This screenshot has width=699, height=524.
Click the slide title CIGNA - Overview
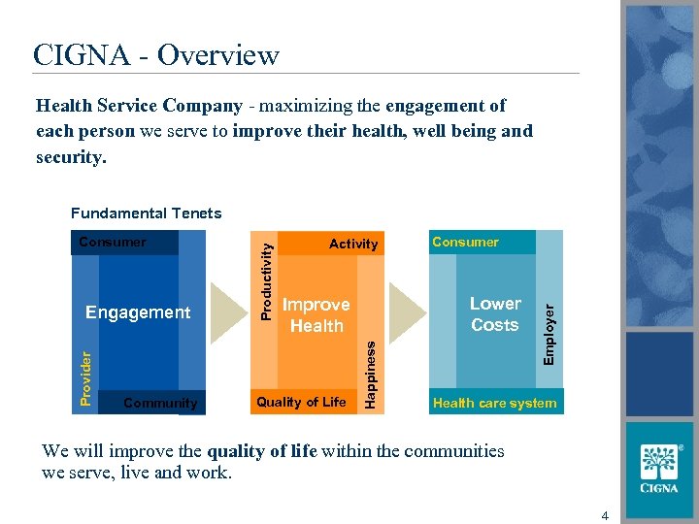155,55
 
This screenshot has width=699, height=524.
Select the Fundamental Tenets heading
146,213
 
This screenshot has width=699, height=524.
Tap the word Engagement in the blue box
138,312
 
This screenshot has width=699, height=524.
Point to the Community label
160,403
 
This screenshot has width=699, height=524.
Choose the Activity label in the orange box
353,245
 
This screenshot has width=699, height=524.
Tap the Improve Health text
316,315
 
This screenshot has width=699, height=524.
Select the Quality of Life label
301,402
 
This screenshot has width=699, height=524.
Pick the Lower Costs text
495,314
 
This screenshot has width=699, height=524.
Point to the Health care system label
494,403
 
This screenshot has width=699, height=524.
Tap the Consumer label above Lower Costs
465,242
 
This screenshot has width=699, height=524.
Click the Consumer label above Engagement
112,242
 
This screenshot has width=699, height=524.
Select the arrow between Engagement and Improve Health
229,312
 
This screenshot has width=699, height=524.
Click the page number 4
605,515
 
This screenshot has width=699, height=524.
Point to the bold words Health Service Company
139,106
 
